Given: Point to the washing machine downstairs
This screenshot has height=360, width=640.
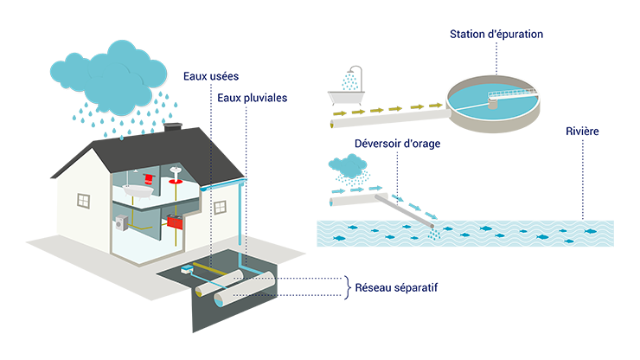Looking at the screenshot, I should click(x=122, y=223).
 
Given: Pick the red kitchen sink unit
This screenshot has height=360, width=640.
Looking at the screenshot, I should click(x=176, y=222).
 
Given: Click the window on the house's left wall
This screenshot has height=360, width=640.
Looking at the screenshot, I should click(x=83, y=201).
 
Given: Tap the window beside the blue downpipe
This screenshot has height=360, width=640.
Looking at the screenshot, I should click(x=220, y=208).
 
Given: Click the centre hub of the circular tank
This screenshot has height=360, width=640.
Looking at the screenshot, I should click(x=495, y=100).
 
